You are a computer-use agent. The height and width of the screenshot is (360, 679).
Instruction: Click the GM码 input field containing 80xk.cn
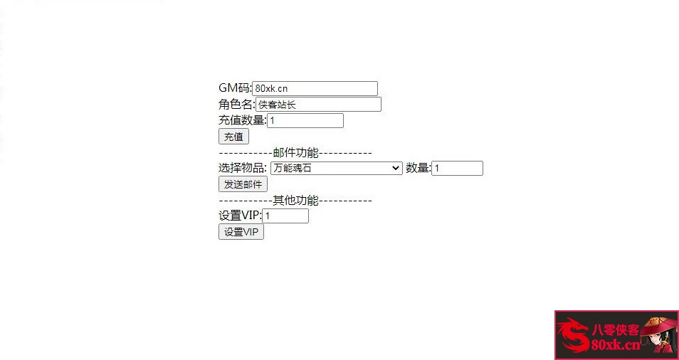[x=315, y=88]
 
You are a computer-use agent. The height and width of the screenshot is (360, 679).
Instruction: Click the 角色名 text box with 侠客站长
[x=318, y=105]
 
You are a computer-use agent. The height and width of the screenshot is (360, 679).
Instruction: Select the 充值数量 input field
[x=305, y=121]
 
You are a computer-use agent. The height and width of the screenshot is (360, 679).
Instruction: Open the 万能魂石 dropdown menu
[x=336, y=169]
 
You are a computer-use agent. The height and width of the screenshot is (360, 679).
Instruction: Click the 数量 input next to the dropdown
[x=457, y=169]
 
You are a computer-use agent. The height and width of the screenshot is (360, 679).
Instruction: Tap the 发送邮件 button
[x=243, y=184]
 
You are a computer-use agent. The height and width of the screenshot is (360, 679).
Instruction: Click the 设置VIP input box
[x=285, y=216]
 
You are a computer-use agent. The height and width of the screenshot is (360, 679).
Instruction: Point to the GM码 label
[x=235, y=88]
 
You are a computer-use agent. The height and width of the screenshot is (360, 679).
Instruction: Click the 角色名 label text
[x=236, y=105]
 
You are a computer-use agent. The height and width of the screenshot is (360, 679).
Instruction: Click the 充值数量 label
[x=242, y=121]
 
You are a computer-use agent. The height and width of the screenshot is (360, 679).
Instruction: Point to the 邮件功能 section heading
[x=295, y=153]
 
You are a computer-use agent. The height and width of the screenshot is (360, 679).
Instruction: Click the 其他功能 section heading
[x=295, y=201]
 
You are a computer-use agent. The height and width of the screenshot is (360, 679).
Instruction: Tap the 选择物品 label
[x=242, y=169]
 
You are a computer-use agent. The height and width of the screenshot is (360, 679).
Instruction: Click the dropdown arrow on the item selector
[x=396, y=169]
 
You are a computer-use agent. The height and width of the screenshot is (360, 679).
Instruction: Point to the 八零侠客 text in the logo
[x=614, y=329]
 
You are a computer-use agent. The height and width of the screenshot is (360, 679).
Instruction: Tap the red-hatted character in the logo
[x=658, y=334]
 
